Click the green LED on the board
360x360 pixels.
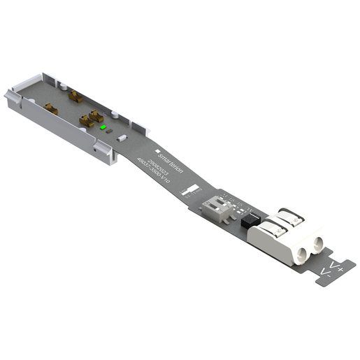coord(103,128)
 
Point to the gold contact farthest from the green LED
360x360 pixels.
coord(50,108)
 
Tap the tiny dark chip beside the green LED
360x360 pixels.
coord(109,134)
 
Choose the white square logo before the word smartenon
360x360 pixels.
coord(160,149)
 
